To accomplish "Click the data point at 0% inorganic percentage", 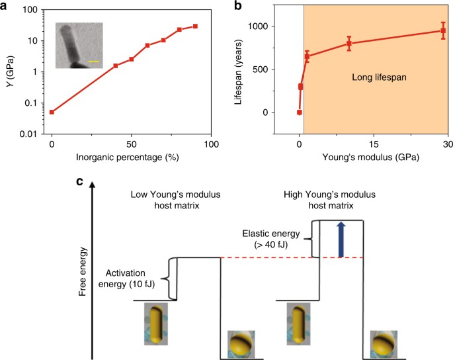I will point(52,112).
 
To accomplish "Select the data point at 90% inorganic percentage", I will point(195,26).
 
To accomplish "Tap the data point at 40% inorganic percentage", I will point(116,66).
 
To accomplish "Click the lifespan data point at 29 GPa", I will point(443,30).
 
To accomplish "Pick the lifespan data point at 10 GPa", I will point(349,44).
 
